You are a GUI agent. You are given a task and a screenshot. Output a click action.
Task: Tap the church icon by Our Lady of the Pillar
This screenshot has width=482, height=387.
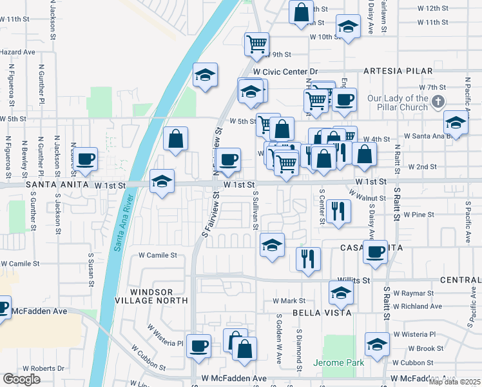click(x=438, y=101)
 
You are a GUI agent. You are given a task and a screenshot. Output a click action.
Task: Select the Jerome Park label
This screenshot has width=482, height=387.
click(x=338, y=363)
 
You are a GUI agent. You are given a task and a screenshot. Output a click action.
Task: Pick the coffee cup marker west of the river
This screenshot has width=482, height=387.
click(x=85, y=159)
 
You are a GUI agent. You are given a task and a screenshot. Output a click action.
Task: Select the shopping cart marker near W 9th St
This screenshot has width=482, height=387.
click(x=256, y=44)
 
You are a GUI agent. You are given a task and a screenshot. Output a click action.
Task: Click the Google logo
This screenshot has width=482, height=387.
click(x=22, y=379)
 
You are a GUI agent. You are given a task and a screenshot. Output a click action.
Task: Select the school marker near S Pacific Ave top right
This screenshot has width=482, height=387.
click(x=456, y=123)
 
